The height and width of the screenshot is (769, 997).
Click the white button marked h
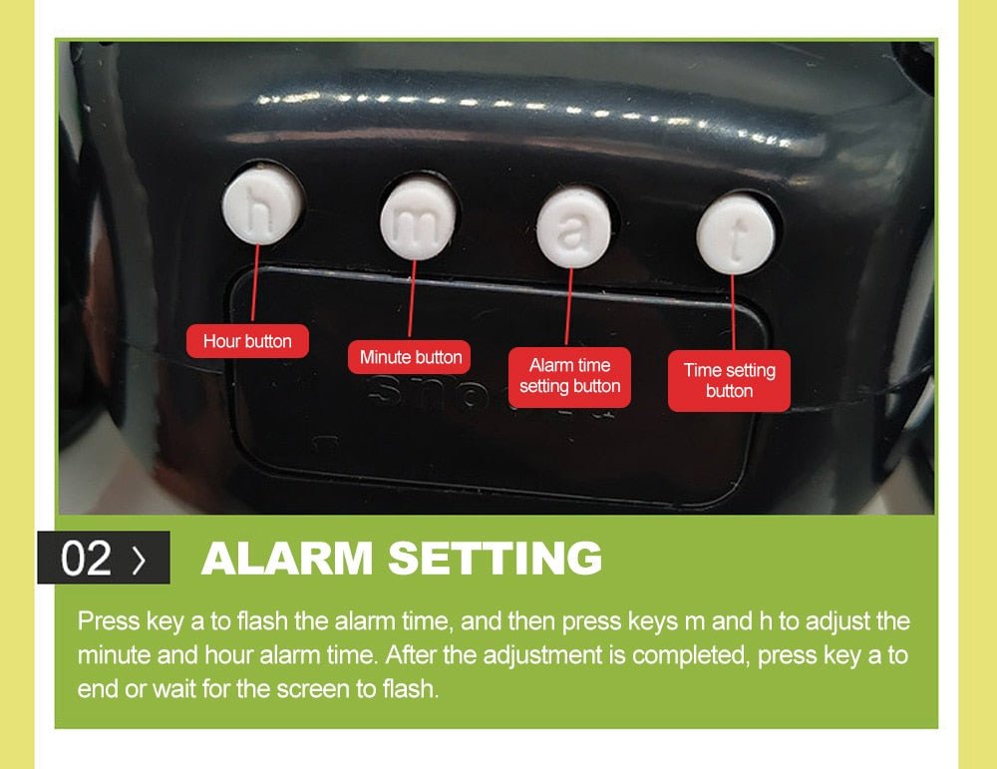click(x=261, y=204)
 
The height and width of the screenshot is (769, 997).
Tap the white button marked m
click(x=418, y=220)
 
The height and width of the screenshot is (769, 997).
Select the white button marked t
click(x=736, y=234)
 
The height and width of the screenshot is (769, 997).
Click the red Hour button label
click(x=247, y=341)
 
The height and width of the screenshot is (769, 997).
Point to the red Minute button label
click(x=410, y=357)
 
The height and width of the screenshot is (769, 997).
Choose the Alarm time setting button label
click(x=569, y=377)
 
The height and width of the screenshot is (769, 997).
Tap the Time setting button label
click(x=730, y=380)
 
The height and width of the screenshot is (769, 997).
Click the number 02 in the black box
click(x=86, y=559)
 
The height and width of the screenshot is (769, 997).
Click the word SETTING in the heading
click(x=495, y=558)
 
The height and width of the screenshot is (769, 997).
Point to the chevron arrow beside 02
click(x=139, y=560)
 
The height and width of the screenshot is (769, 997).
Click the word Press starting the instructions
click(x=109, y=620)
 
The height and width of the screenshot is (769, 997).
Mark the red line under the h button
click(x=255, y=283)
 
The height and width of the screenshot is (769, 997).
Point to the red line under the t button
click(x=733, y=312)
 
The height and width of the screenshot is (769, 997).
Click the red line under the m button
click(x=412, y=299)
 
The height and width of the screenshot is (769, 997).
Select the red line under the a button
click(x=568, y=306)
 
